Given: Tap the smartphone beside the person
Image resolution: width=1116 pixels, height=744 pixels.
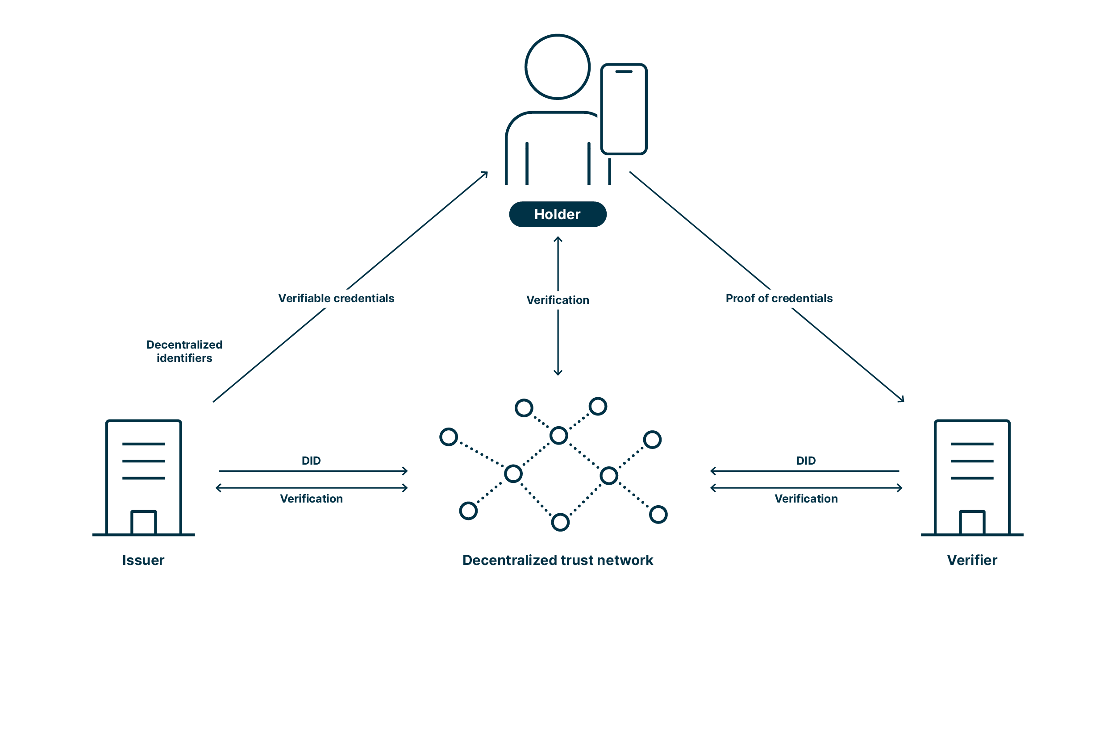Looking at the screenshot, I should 624,109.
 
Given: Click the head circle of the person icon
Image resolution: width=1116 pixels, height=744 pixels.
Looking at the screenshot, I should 558,67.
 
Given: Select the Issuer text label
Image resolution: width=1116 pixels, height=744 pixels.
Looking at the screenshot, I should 143,561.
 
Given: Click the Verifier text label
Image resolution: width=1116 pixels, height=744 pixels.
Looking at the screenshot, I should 972,561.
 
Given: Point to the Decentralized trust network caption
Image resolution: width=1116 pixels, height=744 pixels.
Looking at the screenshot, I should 558,561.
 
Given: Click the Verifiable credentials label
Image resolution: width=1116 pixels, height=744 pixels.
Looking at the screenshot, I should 336,299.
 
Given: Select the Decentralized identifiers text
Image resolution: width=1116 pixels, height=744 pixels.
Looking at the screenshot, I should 184,351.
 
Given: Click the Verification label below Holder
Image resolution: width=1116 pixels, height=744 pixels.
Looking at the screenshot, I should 558,300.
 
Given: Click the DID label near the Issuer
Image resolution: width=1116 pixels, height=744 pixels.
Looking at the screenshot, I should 311,461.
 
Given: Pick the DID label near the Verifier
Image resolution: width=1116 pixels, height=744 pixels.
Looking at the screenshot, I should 806,461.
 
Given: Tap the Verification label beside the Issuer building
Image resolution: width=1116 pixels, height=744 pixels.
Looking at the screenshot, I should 311,499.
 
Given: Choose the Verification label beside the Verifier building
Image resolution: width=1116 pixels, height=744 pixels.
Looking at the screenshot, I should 806,499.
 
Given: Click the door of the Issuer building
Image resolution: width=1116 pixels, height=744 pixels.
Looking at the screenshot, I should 143,523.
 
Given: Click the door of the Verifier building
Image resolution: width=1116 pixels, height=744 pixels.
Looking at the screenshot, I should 972,523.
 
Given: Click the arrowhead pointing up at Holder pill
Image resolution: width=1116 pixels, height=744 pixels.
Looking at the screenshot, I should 558,239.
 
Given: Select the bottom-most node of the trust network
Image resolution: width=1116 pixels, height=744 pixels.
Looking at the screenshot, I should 560,523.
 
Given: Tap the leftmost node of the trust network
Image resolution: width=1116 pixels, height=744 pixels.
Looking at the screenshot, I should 448,437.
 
